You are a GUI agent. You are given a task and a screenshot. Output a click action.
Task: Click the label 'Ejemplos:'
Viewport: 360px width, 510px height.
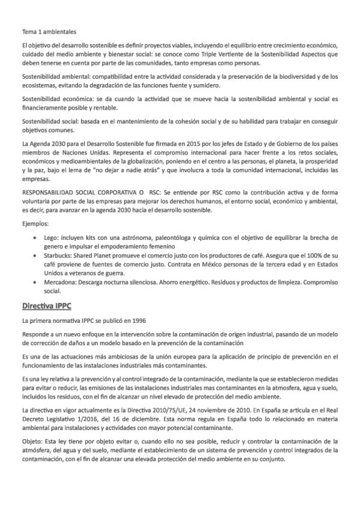pyautogui.click(x=35, y=224)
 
